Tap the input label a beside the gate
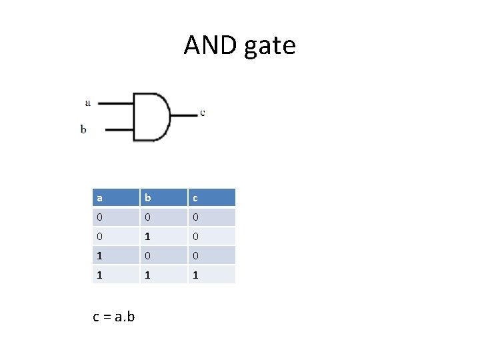pos(88,103)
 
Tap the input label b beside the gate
pos(83,129)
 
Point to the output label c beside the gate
pos(203,112)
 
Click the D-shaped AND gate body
pos(150,117)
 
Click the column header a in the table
pos(115,197)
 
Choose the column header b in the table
pos(163,197)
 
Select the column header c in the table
pos(211,197)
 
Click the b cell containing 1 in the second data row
pos(163,236)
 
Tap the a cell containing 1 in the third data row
pos(115,255)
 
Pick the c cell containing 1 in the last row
pos(211,274)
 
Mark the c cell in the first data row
pos(211,217)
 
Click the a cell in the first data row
pos(115,217)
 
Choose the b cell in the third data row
pos(163,255)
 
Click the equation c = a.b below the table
pos(113,316)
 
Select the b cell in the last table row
pos(163,274)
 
